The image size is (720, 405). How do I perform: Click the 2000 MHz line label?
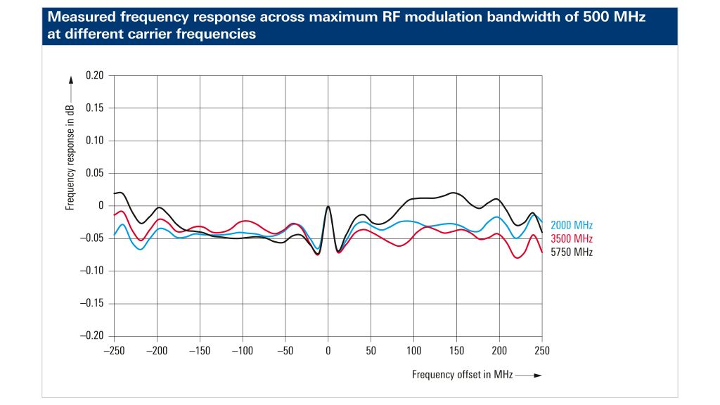click(572, 226)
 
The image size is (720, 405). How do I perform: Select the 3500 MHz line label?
click(572, 239)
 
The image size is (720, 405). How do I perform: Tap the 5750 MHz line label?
click(572, 252)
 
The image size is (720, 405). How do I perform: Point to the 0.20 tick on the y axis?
click(94, 76)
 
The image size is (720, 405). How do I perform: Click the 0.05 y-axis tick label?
click(94, 173)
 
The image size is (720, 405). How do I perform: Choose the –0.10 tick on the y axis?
click(92, 271)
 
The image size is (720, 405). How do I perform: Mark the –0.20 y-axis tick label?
click(92, 335)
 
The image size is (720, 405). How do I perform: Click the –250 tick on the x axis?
click(113, 349)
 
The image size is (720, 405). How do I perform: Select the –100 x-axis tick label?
click(242, 349)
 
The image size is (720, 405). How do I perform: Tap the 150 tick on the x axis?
click(456, 349)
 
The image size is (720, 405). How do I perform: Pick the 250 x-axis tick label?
click(542, 349)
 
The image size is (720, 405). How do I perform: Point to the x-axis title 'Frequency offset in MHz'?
click(462, 375)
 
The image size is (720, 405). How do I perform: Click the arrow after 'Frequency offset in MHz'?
click(529, 375)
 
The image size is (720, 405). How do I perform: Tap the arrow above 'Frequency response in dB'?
click(70, 90)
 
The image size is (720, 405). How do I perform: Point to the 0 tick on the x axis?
click(328, 349)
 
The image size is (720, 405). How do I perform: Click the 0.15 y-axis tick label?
click(94, 108)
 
